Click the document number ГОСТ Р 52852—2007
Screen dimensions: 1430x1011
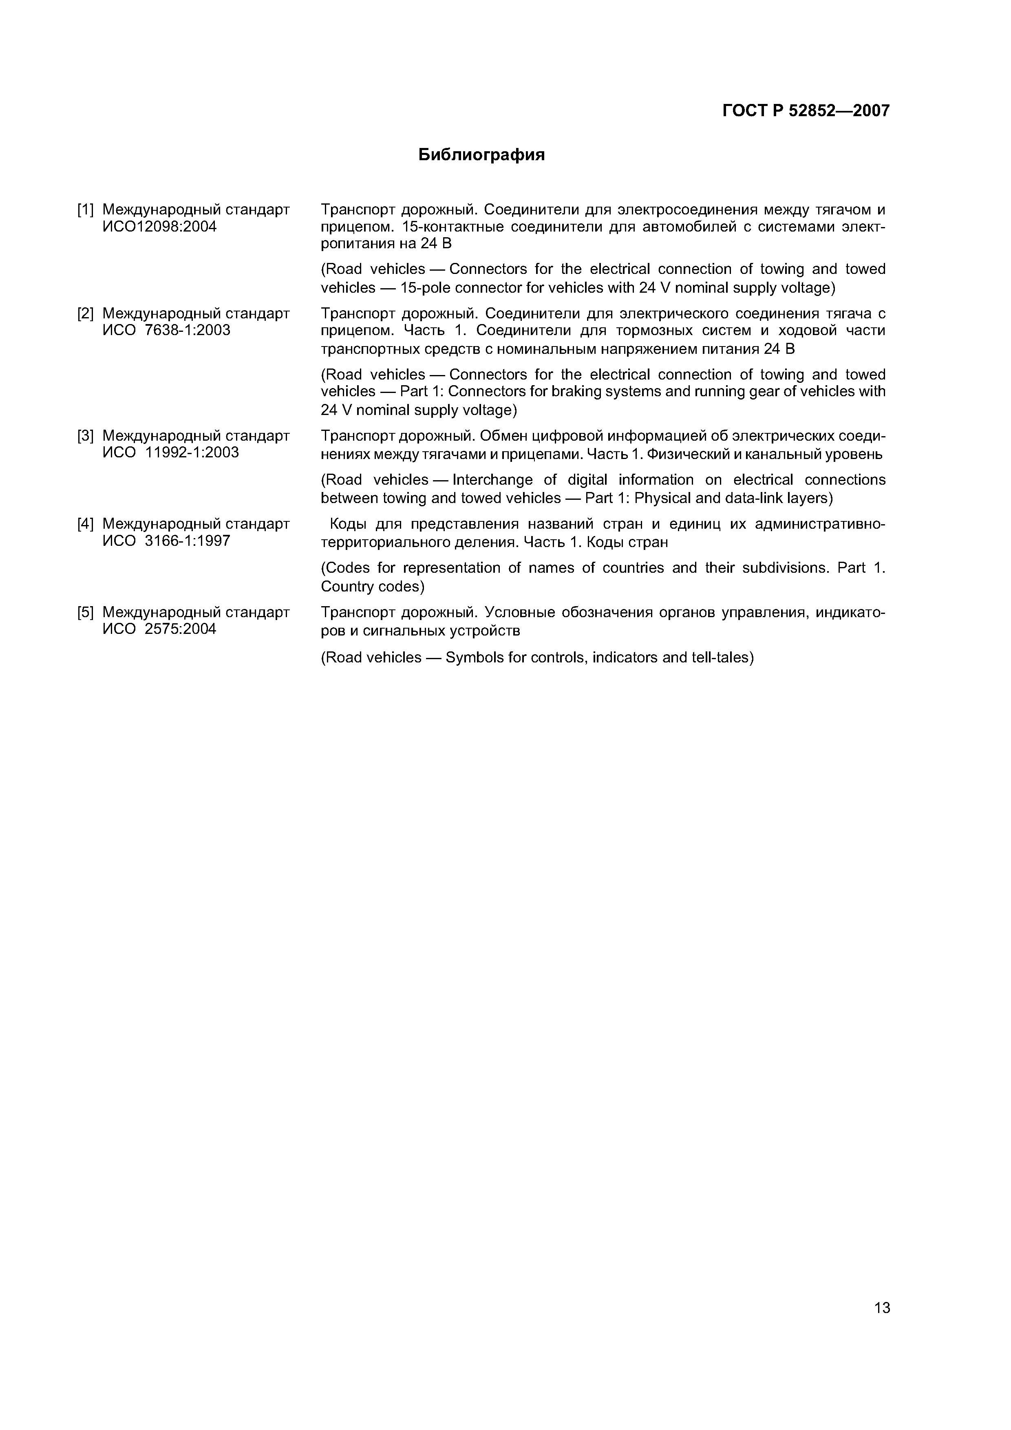coord(806,111)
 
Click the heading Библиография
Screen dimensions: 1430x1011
coord(481,154)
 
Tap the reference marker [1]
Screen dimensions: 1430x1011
coord(85,210)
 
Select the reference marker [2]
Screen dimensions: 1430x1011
coord(85,313)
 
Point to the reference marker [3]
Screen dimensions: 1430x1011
coord(85,436)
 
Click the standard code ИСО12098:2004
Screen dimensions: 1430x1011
coord(159,227)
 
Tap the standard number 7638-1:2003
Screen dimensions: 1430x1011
coord(187,330)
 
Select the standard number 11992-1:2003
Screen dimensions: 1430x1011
coord(192,453)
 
